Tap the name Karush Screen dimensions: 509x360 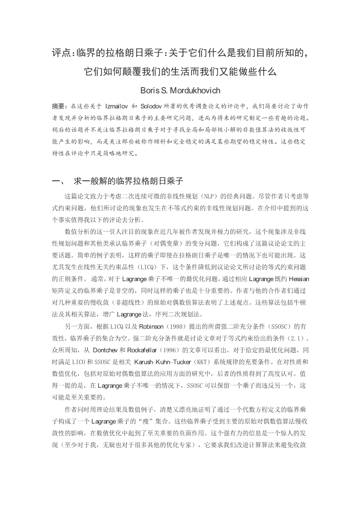[144, 362]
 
